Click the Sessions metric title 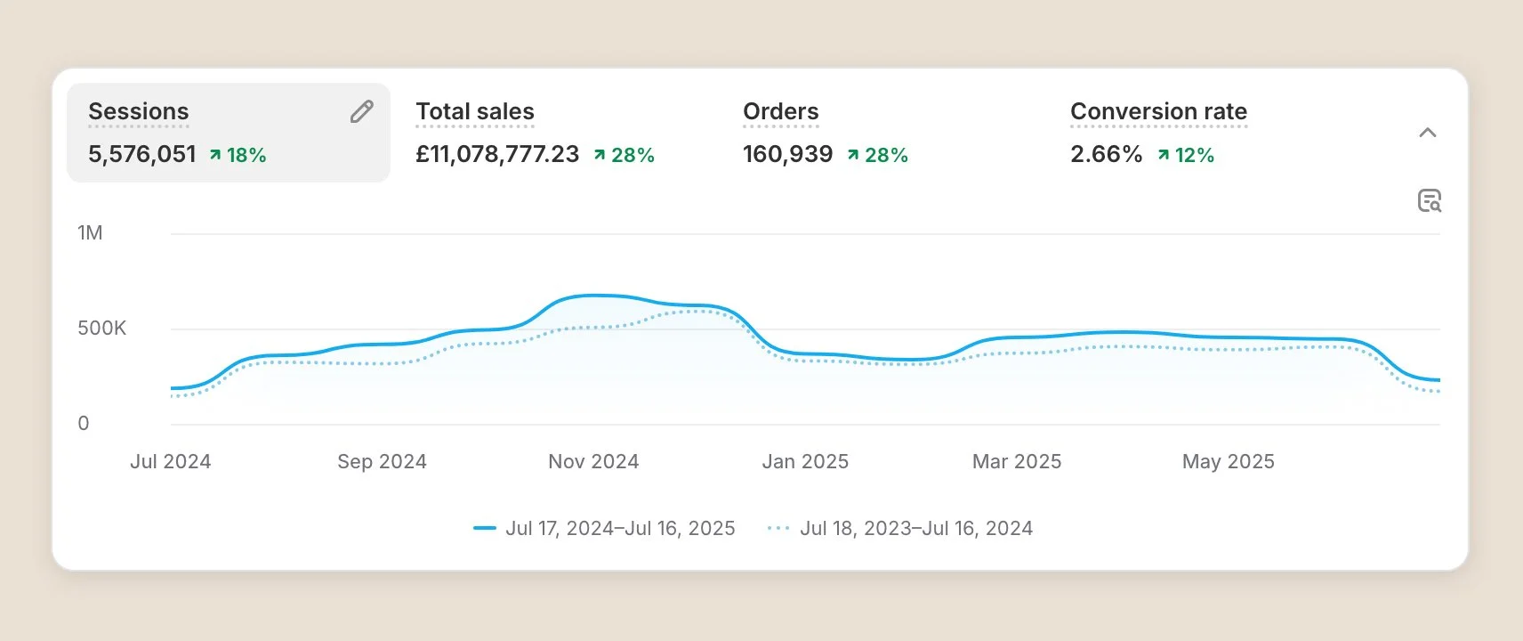(x=139, y=111)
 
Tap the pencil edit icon (x=362, y=111)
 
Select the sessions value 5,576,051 (x=142, y=155)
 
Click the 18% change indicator (x=238, y=155)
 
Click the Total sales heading (x=475, y=111)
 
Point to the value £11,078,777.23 (x=497, y=155)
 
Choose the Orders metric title (x=780, y=111)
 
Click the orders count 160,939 (x=788, y=155)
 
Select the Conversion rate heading (x=1158, y=111)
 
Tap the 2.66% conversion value (x=1106, y=155)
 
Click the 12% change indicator (x=1186, y=155)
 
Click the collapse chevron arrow (x=1428, y=133)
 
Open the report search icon (x=1430, y=200)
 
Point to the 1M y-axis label (x=90, y=232)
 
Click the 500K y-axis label (x=102, y=328)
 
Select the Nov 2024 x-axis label (x=593, y=461)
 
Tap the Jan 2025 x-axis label (x=805, y=461)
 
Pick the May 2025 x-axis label (x=1228, y=461)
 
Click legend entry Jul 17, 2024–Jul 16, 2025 (x=604, y=528)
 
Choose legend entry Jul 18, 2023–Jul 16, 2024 (x=900, y=528)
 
